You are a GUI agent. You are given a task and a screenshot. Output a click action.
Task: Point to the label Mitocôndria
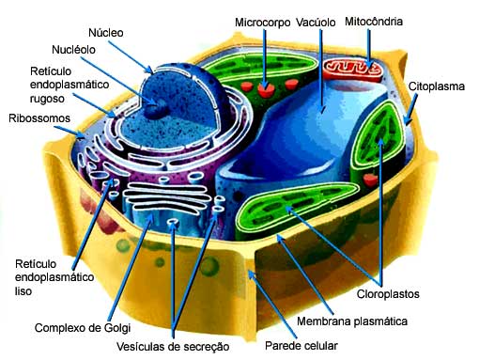coord(374,20)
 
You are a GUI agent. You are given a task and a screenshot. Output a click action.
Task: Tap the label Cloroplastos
coord(387,293)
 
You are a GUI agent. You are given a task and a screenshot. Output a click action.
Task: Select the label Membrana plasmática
coord(352,321)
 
